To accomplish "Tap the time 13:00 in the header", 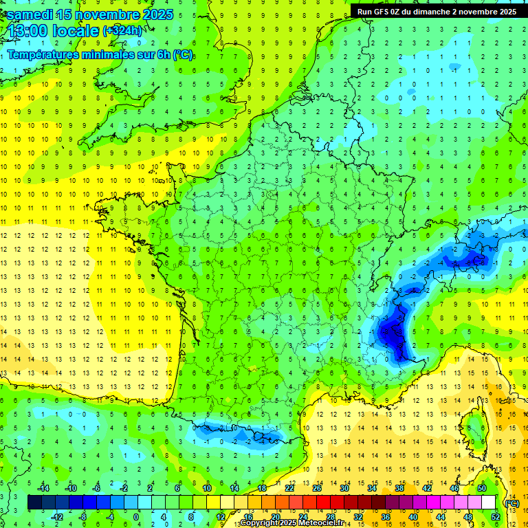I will point(29,30).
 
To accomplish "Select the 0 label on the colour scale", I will point(135,517).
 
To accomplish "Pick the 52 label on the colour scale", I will point(495,517).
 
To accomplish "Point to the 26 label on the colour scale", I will point(316,488).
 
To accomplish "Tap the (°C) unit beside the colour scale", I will point(512,503).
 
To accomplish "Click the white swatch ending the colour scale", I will point(489,503).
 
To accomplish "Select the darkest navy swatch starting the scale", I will point(34,503).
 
